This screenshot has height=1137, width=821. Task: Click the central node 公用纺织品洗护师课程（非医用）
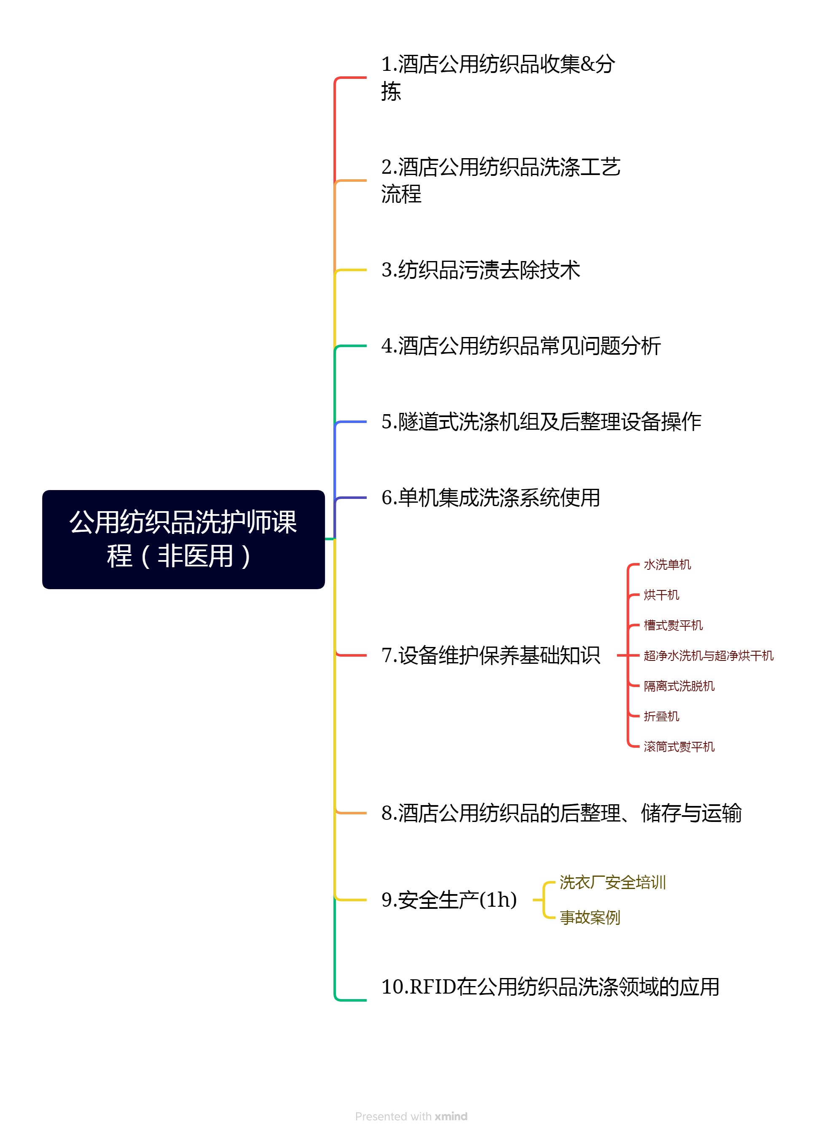click(x=183, y=539)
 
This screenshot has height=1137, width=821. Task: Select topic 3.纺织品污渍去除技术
click(x=480, y=270)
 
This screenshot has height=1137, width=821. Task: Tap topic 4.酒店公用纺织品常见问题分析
click(x=521, y=345)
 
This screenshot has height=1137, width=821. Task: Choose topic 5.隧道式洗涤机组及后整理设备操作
click(x=541, y=421)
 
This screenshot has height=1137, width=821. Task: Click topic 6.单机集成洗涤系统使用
click(x=491, y=497)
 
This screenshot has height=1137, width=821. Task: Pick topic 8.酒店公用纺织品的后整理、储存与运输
click(x=561, y=813)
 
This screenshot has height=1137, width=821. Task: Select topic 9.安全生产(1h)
click(x=449, y=900)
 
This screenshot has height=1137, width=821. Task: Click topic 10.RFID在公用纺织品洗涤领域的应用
click(x=550, y=986)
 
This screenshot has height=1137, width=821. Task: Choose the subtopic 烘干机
click(x=661, y=595)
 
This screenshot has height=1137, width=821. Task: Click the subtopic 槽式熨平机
click(x=673, y=625)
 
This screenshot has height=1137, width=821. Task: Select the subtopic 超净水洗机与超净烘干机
click(x=708, y=655)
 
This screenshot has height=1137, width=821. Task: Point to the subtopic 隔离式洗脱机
click(x=679, y=686)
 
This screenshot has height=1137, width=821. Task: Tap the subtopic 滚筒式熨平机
click(x=679, y=746)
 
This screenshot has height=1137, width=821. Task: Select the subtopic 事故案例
click(x=590, y=917)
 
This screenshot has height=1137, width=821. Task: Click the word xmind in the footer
click(x=451, y=1116)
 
